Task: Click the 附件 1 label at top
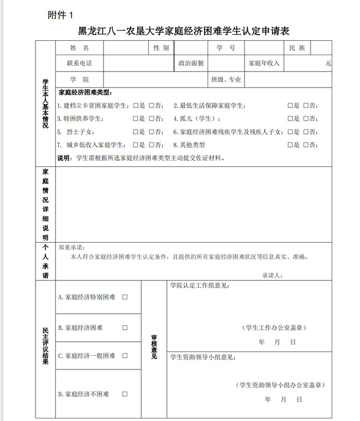point(61,15)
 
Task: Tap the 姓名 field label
point(79,48)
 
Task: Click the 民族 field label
point(297,48)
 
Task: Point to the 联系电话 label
point(79,63)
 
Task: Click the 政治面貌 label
point(191,63)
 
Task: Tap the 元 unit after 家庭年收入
point(328,63)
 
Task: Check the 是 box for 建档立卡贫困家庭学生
point(135,106)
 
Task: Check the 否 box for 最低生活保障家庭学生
point(306,106)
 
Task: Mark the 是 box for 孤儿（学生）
point(290,119)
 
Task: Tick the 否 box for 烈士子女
point(151,132)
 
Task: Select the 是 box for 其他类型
point(290,145)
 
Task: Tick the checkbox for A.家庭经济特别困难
point(125,297)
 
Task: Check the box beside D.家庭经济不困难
point(125,394)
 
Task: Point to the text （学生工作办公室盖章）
point(275,327)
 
